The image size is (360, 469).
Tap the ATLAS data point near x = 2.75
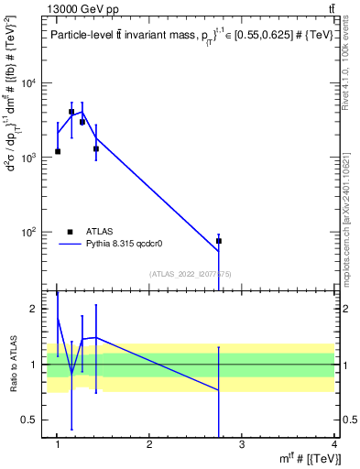click(219, 241)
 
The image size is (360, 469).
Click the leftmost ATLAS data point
click(58, 151)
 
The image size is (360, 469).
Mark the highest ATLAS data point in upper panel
click(71, 112)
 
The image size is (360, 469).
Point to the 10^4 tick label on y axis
click(31, 83)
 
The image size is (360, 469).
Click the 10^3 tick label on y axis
click(31, 158)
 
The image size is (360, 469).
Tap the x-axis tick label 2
click(149, 445)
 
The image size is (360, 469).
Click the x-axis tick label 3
click(242, 445)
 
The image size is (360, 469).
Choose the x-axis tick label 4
click(334, 445)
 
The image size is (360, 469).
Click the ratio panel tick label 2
click(35, 309)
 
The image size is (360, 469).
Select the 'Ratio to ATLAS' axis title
click(14, 364)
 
